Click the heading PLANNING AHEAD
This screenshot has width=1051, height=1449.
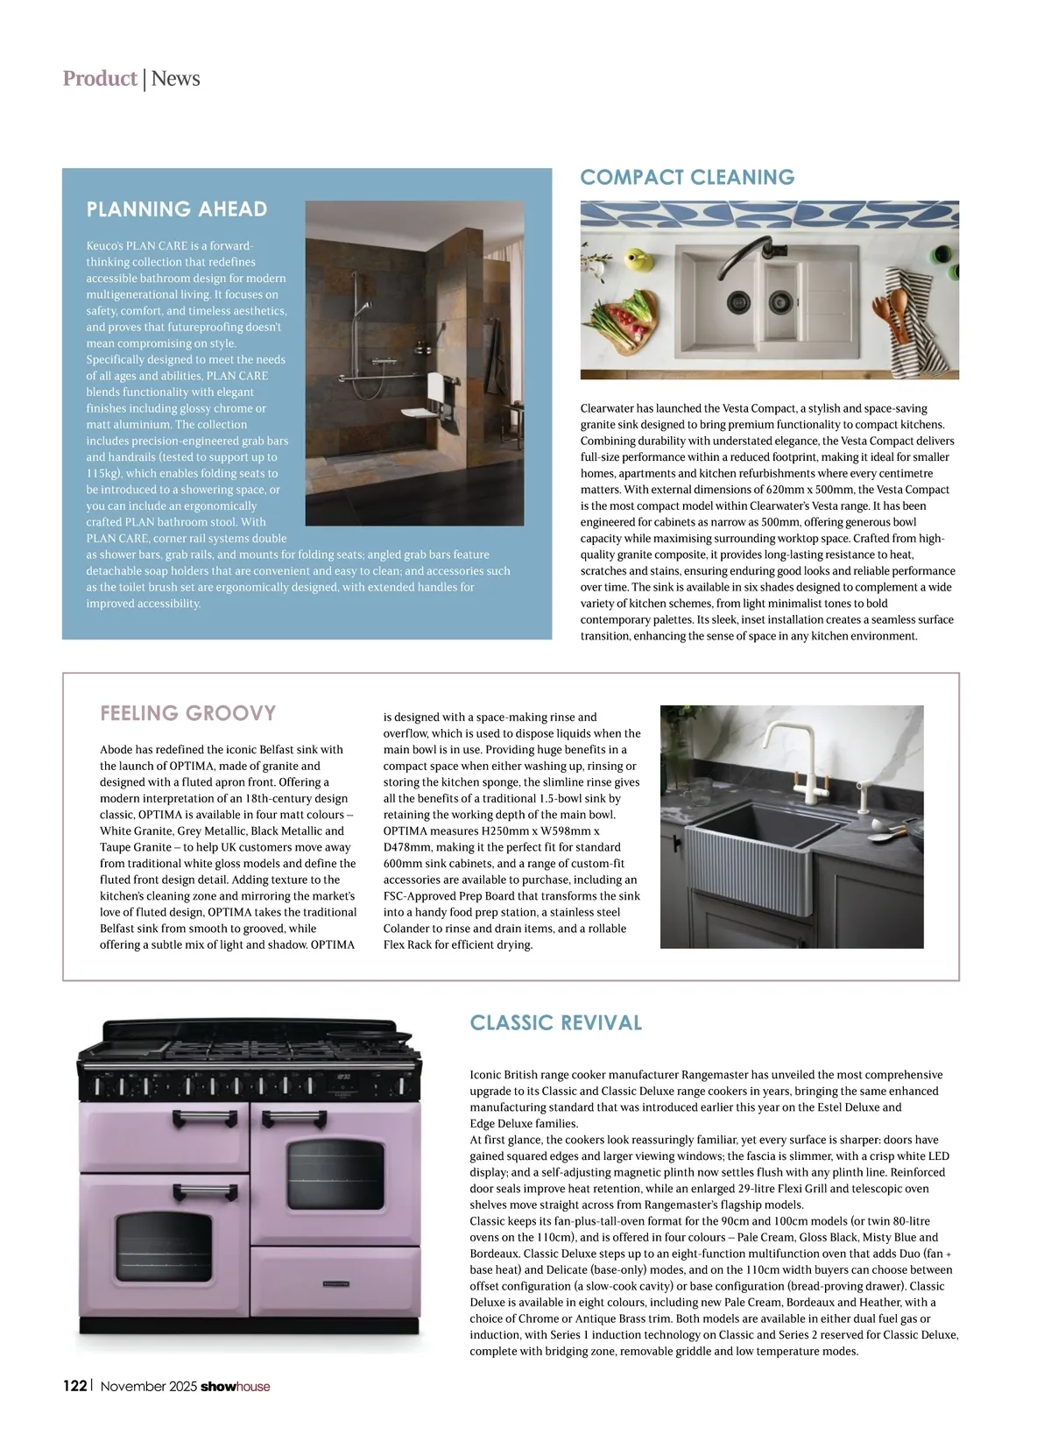[x=176, y=209]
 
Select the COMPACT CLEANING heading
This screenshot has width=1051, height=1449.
[x=688, y=178]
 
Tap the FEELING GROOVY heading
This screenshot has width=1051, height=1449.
[x=187, y=713]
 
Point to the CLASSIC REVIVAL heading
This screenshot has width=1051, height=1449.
[x=556, y=1023]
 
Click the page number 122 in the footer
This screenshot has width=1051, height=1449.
[x=74, y=1386]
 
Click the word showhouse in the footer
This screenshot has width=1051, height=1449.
[x=236, y=1386]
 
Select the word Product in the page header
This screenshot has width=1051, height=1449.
[x=100, y=79]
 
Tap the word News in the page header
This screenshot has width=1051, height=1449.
[x=176, y=79]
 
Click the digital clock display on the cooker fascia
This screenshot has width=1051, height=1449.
[x=345, y=1077]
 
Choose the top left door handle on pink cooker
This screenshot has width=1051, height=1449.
[x=206, y=1117]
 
